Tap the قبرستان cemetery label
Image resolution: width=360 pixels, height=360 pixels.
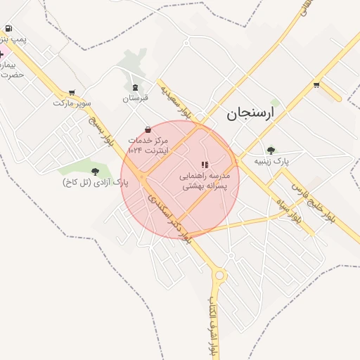pyautogui.click(x=136, y=98)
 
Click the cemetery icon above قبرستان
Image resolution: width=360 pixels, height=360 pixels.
pyautogui.click(x=135, y=87)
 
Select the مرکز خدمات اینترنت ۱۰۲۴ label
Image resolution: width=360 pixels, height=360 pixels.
pyautogui.click(x=149, y=145)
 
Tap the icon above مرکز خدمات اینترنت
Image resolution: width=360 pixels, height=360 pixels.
pyautogui.click(x=148, y=129)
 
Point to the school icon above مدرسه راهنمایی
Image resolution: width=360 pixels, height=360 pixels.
pyautogui.click(x=205, y=165)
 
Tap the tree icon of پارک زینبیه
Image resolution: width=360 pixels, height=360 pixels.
pyautogui.click(x=271, y=150)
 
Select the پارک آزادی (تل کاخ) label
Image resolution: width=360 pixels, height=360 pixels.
pyautogui.click(x=96, y=183)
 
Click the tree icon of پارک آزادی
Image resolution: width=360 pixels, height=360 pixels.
pyautogui.click(x=95, y=171)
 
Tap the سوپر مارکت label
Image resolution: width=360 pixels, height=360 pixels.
pyautogui.click(x=72, y=103)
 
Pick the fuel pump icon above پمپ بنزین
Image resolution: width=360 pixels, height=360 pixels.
pyautogui.click(x=8, y=29)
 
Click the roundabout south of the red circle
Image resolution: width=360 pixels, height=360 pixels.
pyautogui.click(x=219, y=275)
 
